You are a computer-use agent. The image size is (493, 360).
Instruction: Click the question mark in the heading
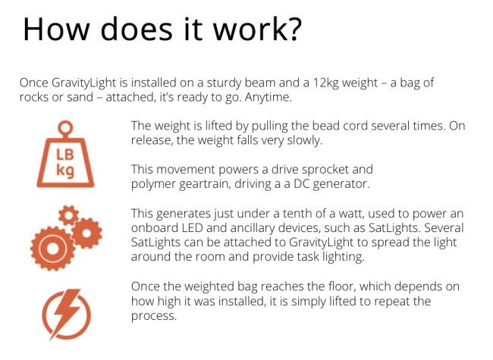click(292, 29)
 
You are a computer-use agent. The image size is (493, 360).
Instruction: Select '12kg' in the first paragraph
click(325, 83)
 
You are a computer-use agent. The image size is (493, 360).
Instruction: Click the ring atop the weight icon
click(66, 128)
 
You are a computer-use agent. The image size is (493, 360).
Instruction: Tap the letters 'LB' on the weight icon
click(65, 155)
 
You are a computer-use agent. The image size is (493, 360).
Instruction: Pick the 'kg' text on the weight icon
click(65, 171)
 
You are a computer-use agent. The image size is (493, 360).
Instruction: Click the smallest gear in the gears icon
click(68, 215)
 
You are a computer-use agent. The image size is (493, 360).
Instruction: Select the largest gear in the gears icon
click(53, 249)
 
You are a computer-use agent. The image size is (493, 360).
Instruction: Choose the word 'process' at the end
click(154, 316)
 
